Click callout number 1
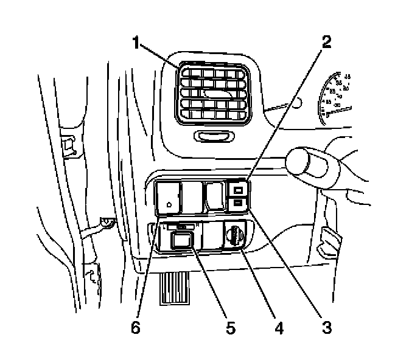pyautogui.click(x=137, y=44)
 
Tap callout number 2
pyautogui.click(x=327, y=43)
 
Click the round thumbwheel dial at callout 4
pyautogui.click(x=234, y=235)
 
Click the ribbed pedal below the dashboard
pyautogui.click(x=175, y=288)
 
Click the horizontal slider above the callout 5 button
pyautogui.click(x=182, y=226)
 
